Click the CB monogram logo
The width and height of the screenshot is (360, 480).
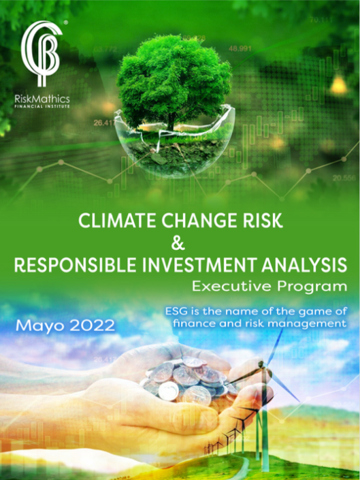pos(41,53)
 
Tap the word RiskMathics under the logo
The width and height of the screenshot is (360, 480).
pos(42,99)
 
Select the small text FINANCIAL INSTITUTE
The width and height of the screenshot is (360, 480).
pos(42,106)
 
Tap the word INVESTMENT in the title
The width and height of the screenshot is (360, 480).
pos(199,265)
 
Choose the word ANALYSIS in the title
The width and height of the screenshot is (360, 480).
pos(304,265)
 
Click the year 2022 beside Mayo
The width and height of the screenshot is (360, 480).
pos(92,325)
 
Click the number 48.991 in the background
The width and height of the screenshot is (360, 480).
pos(240,48)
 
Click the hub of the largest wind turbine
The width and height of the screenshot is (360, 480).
pos(261,365)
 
